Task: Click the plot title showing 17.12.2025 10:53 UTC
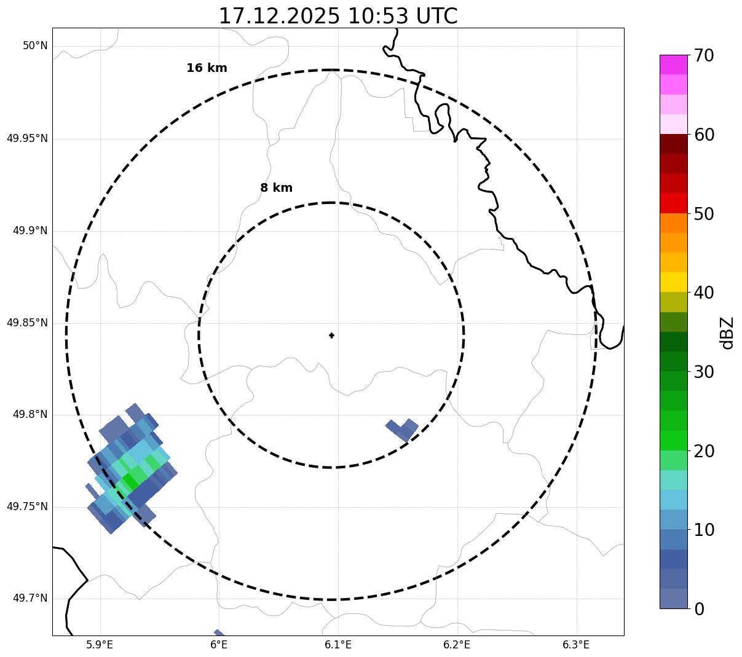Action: pos(338,16)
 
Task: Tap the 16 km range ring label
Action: pos(207,68)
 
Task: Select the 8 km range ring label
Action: pos(276,188)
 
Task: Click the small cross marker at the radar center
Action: pos(331,335)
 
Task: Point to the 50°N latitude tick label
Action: pos(35,46)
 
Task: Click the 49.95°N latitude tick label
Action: pos(27,138)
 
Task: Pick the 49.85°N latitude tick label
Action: pos(27,323)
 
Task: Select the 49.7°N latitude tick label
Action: pos(30,599)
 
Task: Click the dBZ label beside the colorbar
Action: pos(728,332)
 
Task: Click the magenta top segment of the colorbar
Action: pos(673,65)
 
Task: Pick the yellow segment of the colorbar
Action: pos(673,282)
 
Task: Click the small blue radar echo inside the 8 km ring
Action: pos(403,428)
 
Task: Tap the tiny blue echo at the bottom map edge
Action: pos(219,633)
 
